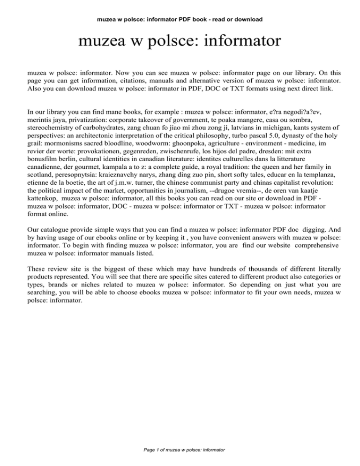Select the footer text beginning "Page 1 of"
tap(180, 450)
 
